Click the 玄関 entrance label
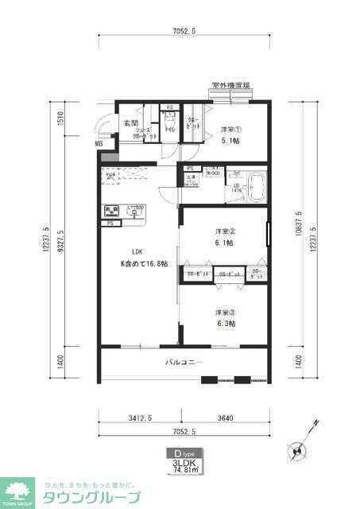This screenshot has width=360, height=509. [x=131, y=122]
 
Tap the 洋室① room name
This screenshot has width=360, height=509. [x=230, y=130]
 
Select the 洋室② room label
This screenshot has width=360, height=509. [x=224, y=231]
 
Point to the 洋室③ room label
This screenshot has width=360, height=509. [x=224, y=313]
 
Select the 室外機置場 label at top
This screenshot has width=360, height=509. [x=231, y=85]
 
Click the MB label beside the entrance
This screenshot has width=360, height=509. [x=99, y=144]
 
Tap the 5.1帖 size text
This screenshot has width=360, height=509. [x=230, y=141]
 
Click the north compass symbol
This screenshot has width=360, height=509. [x=299, y=449]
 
